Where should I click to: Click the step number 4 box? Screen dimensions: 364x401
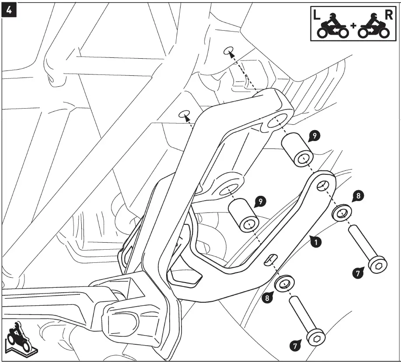point(10,10)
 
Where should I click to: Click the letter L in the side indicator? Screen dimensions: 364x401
point(317,15)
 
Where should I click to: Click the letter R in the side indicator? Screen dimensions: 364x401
point(387,14)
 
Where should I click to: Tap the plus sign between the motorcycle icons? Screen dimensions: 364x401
point(353,25)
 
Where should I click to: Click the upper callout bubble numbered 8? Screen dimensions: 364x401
point(359,196)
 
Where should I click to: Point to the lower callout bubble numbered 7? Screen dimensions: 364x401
point(295,345)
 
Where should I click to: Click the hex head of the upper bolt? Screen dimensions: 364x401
point(377,265)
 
